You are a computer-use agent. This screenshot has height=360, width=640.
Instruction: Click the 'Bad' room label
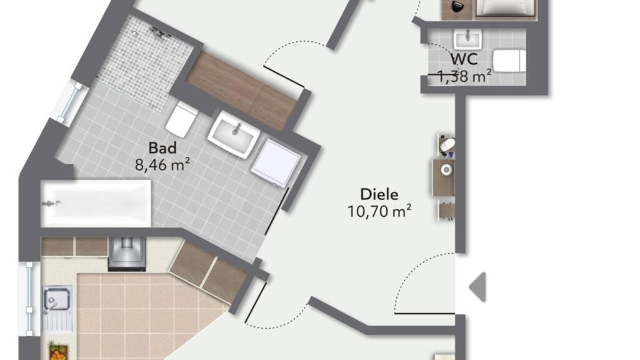point(162,147)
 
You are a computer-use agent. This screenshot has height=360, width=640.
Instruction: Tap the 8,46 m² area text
point(162,165)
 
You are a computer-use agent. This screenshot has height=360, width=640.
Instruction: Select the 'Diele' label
point(379,194)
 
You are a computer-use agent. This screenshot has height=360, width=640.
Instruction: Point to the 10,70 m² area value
point(379,211)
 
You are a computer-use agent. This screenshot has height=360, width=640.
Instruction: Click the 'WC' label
point(464,59)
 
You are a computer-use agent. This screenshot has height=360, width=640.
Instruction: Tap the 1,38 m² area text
point(464,76)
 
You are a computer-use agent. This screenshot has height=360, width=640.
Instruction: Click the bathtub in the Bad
point(96,203)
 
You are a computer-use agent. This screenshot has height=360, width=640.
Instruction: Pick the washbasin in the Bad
point(234,134)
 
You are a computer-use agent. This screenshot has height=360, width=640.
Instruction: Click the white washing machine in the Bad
point(276,163)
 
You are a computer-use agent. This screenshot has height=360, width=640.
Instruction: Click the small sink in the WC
point(467,39)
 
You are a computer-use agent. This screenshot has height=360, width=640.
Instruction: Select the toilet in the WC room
point(509,61)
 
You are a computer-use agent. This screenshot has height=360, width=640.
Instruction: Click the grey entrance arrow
point(477,287)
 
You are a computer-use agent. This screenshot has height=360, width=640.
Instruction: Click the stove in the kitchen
point(127,254)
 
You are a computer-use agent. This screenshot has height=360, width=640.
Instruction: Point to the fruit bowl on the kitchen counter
point(58,351)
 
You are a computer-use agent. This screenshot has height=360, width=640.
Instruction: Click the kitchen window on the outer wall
point(29,298)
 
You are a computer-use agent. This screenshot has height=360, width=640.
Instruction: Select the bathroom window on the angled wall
point(71,102)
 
